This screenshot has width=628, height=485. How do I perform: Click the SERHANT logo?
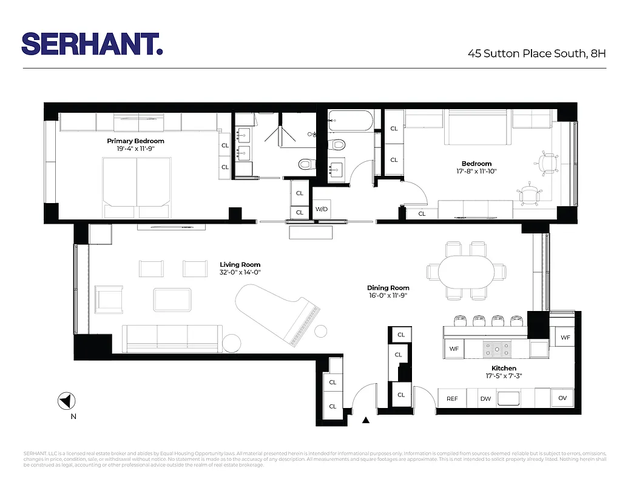pos(92,44)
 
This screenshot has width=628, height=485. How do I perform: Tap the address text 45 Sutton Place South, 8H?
pos(536,53)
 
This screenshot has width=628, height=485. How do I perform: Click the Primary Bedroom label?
pos(136,141)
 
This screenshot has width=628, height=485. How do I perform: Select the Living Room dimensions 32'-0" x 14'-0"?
pos(240,273)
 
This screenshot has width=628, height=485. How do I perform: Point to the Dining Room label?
pos(388,288)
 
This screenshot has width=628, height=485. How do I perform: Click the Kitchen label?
pos(504,368)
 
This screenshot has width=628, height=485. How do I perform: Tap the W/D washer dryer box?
pos(322,210)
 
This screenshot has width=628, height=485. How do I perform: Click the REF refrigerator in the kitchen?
pos(452,398)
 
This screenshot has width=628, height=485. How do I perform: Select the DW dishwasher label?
pos(485,398)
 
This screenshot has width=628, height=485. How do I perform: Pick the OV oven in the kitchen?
pos(562,398)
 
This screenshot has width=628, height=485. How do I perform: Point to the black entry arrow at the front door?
pos(366,420)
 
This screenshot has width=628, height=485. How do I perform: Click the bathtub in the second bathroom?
pos(351,120)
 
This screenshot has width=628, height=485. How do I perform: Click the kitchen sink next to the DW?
pos(508,398)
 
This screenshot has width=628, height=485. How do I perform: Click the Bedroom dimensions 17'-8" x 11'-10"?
pos(476,172)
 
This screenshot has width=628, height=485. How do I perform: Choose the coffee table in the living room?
pos(173,298)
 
